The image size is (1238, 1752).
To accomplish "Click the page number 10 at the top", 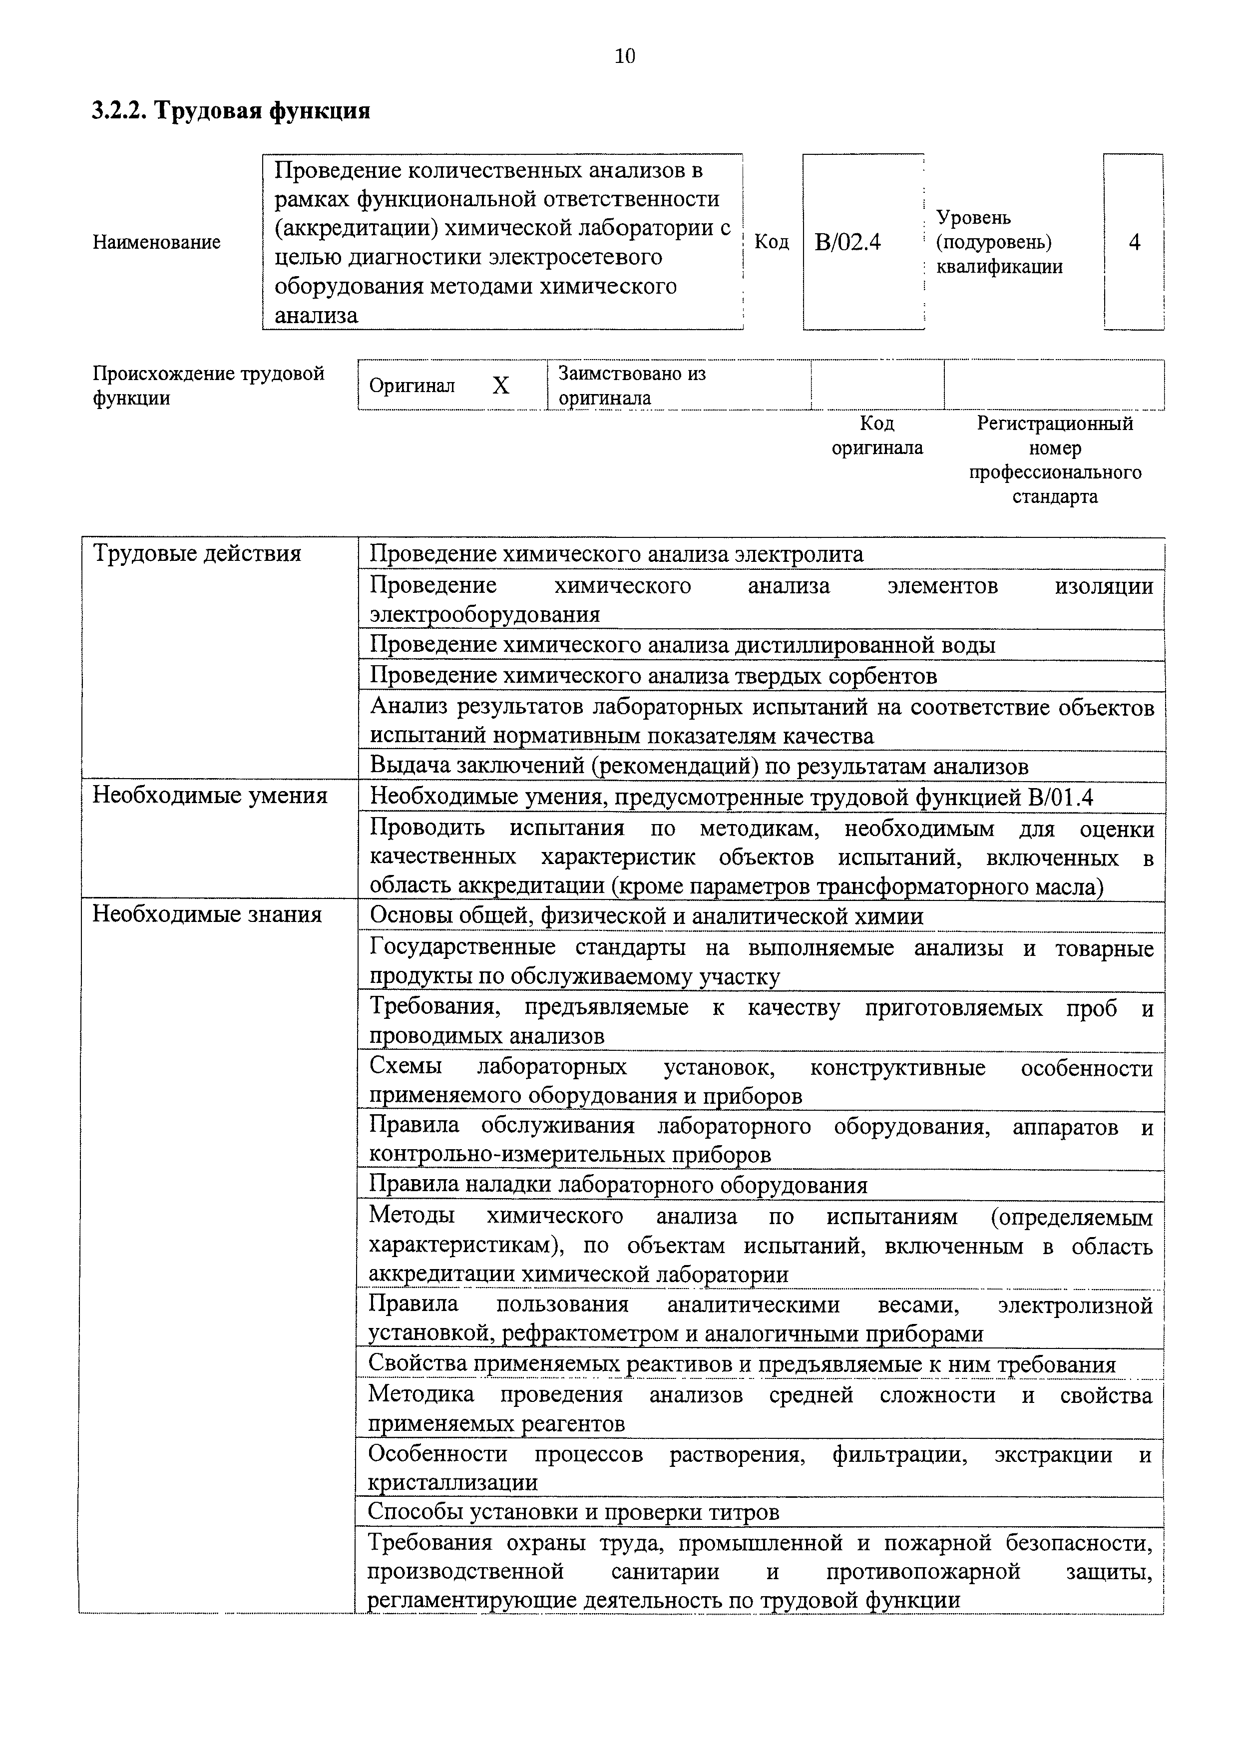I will click(x=624, y=56).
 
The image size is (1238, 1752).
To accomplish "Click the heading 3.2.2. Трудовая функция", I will click(x=231, y=111).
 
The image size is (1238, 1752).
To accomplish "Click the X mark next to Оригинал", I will click(x=500, y=386).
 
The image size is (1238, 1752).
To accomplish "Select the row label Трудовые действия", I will click(x=197, y=553).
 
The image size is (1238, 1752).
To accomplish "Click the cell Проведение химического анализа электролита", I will click(x=616, y=553).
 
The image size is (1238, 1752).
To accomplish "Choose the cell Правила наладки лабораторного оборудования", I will click(x=618, y=1185).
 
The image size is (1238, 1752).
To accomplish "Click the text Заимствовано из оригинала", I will click(x=632, y=386).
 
